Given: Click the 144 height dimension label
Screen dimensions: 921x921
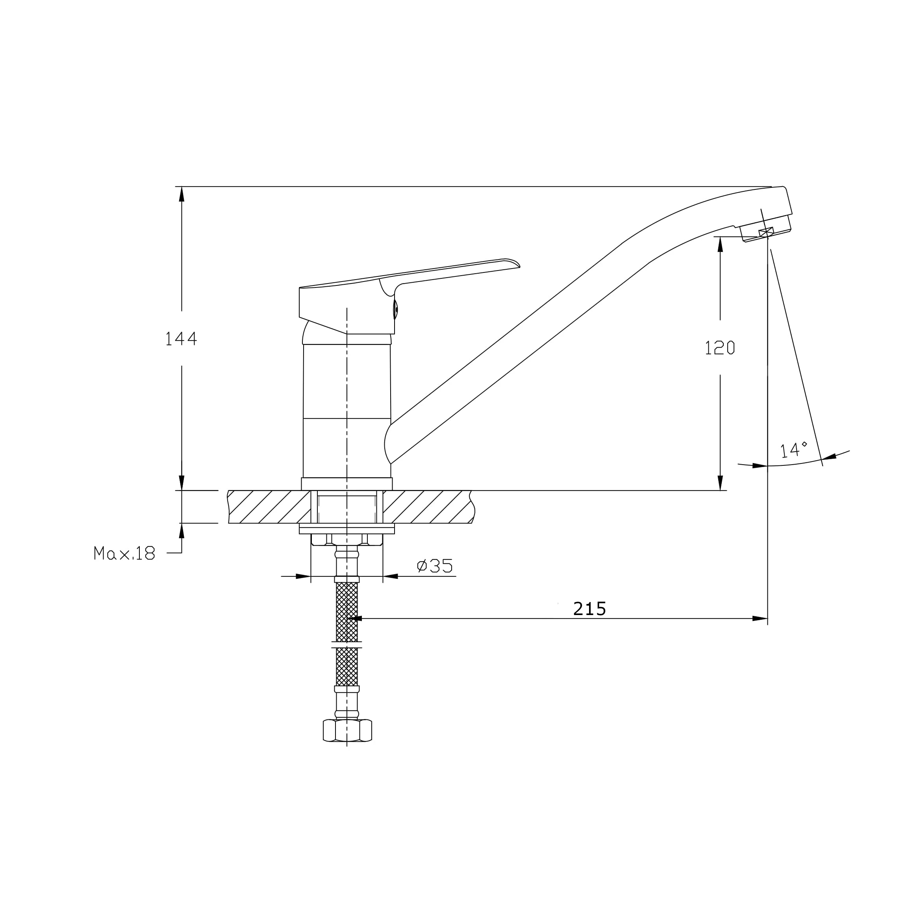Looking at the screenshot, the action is click(x=181, y=339).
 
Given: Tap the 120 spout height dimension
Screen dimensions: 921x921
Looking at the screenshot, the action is click(x=720, y=348).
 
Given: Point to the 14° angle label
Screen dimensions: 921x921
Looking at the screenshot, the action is click(x=793, y=449).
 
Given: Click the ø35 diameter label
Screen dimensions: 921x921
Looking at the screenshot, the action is click(x=434, y=566).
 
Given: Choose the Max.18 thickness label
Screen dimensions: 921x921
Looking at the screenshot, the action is click(x=124, y=553).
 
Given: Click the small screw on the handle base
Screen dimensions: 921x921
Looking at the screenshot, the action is click(x=396, y=309).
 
